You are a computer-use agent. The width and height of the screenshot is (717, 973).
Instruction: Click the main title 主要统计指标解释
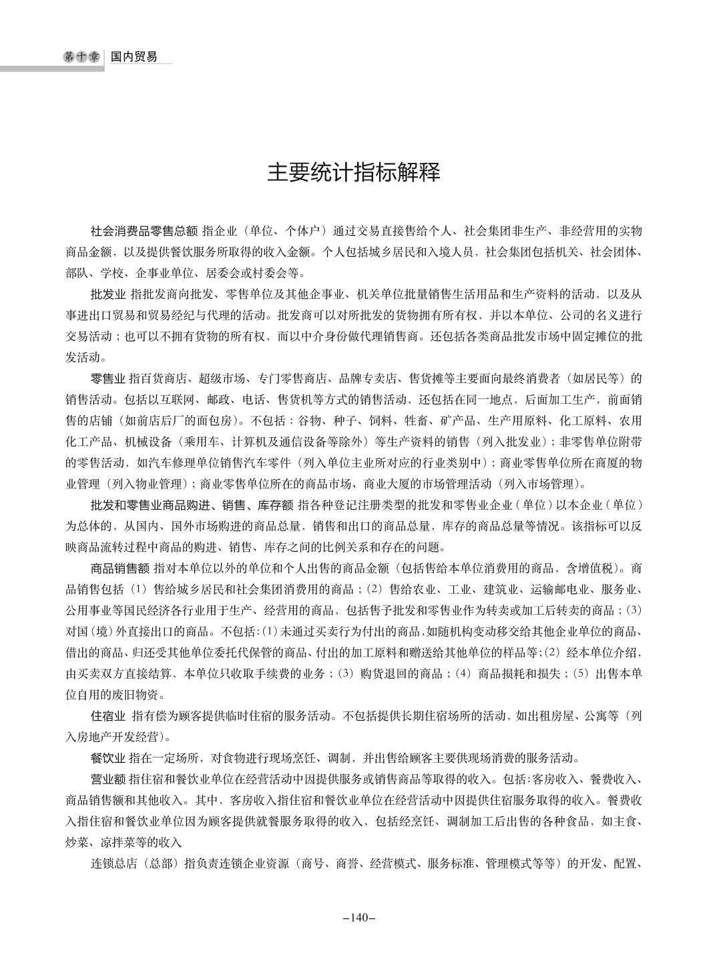pyautogui.click(x=354, y=172)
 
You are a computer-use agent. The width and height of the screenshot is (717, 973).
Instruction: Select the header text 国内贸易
pyautogui.click(x=134, y=57)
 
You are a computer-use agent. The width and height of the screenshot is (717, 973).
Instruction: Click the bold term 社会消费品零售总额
pyautogui.click(x=144, y=232)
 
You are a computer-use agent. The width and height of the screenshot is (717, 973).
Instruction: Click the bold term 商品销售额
pyautogui.click(x=120, y=569)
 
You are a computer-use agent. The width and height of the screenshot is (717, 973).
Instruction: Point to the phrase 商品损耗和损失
pyautogui.click(x=521, y=674)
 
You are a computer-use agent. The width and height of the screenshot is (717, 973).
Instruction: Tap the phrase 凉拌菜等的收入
pyautogui.click(x=146, y=842)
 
